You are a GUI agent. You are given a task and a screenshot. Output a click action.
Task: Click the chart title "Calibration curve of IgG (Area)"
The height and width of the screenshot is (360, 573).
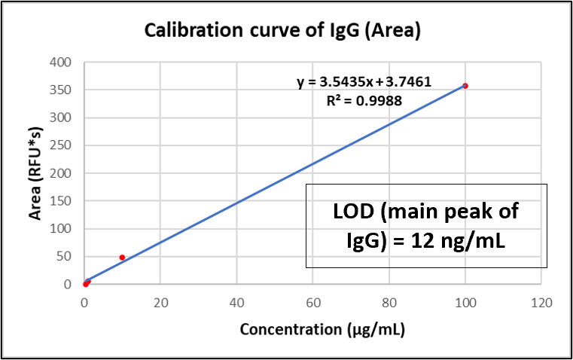[x=282, y=30]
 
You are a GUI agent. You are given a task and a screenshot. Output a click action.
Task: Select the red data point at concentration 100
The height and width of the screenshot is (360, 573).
[x=465, y=86]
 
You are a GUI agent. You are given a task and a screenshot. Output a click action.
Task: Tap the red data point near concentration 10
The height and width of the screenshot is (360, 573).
[x=122, y=258]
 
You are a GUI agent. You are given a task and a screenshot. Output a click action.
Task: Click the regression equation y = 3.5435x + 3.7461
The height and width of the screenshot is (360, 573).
[x=364, y=82]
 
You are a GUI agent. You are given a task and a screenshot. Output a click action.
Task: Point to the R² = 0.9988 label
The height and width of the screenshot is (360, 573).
[x=364, y=100]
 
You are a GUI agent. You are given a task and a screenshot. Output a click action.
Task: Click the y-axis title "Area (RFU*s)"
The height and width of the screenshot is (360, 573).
[x=35, y=173]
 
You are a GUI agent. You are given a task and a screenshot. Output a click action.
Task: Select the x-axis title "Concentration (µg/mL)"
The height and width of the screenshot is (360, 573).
[x=322, y=329]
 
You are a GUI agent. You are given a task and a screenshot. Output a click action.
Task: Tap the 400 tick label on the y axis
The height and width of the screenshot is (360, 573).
[x=60, y=62]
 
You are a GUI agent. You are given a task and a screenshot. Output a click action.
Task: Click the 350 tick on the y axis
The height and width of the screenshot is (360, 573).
[x=60, y=90]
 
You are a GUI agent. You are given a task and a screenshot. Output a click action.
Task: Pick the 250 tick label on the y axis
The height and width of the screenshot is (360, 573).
[x=60, y=145]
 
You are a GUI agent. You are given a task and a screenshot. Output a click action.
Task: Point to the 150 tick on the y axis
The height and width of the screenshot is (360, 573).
[x=60, y=201]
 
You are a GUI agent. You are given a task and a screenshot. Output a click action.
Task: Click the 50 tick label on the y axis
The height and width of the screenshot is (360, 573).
[x=64, y=257]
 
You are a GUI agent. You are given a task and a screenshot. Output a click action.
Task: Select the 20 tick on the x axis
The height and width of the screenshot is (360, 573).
[x=160, y=303]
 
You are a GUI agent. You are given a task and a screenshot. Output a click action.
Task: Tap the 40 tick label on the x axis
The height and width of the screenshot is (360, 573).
[x=236, y=303]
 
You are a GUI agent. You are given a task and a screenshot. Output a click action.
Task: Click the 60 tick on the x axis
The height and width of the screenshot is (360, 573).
[x=313, y=303]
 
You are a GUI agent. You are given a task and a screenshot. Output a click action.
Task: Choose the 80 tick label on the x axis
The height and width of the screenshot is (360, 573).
[x=389, y=303]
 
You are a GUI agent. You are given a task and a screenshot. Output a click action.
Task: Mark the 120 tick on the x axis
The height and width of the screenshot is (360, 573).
[x=541, y=303]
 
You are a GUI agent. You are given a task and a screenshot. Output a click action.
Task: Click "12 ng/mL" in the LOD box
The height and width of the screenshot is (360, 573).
[x=459, y=242]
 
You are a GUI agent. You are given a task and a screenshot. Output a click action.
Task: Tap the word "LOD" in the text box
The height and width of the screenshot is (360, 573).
[x=354, y=211]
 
